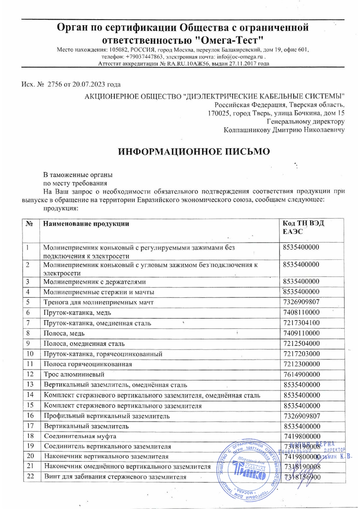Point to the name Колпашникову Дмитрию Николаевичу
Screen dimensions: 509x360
[x=284, y=129]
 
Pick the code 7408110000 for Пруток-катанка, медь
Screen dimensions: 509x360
[x=302, y=313]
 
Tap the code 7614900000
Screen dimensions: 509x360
[x=302, y=374]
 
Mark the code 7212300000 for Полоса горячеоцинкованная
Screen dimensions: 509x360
[x=302, y=364]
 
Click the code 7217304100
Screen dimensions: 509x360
[x=302, y=323]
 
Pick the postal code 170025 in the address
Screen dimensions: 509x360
[x=216, y=114]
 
